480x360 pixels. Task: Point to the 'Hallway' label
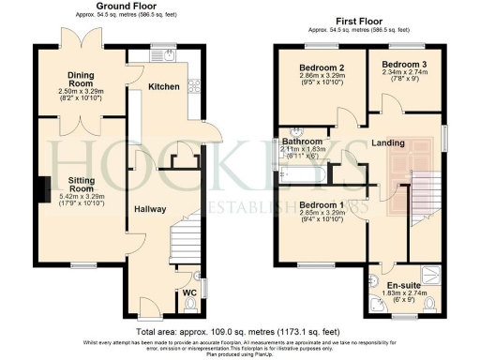click(150, 210)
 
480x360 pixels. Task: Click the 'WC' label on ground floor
click(190, 293)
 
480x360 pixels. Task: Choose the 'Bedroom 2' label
click(322, 68)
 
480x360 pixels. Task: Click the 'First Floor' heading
click(357, 19)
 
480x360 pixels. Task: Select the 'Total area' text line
click(239, 333)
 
